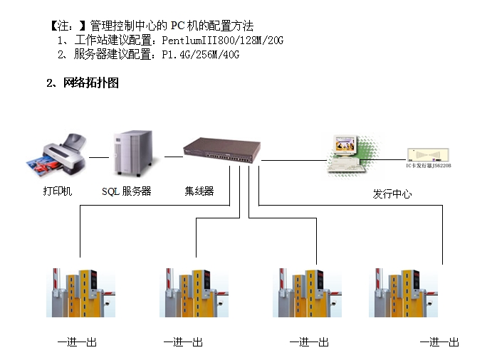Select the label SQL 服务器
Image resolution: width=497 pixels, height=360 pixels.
pos(127,191)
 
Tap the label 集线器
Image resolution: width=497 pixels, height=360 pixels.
pos(199,191)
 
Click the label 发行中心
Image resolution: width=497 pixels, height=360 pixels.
pos(392,194)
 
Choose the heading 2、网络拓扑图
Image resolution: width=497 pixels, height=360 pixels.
pos(83,83)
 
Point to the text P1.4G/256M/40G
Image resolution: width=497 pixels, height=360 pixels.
pos(201,55)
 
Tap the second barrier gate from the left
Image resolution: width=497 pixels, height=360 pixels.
pos(192,292)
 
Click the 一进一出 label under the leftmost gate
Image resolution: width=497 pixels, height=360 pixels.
pos(77,343)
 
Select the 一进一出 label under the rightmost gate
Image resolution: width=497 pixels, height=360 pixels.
pos(439,343)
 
